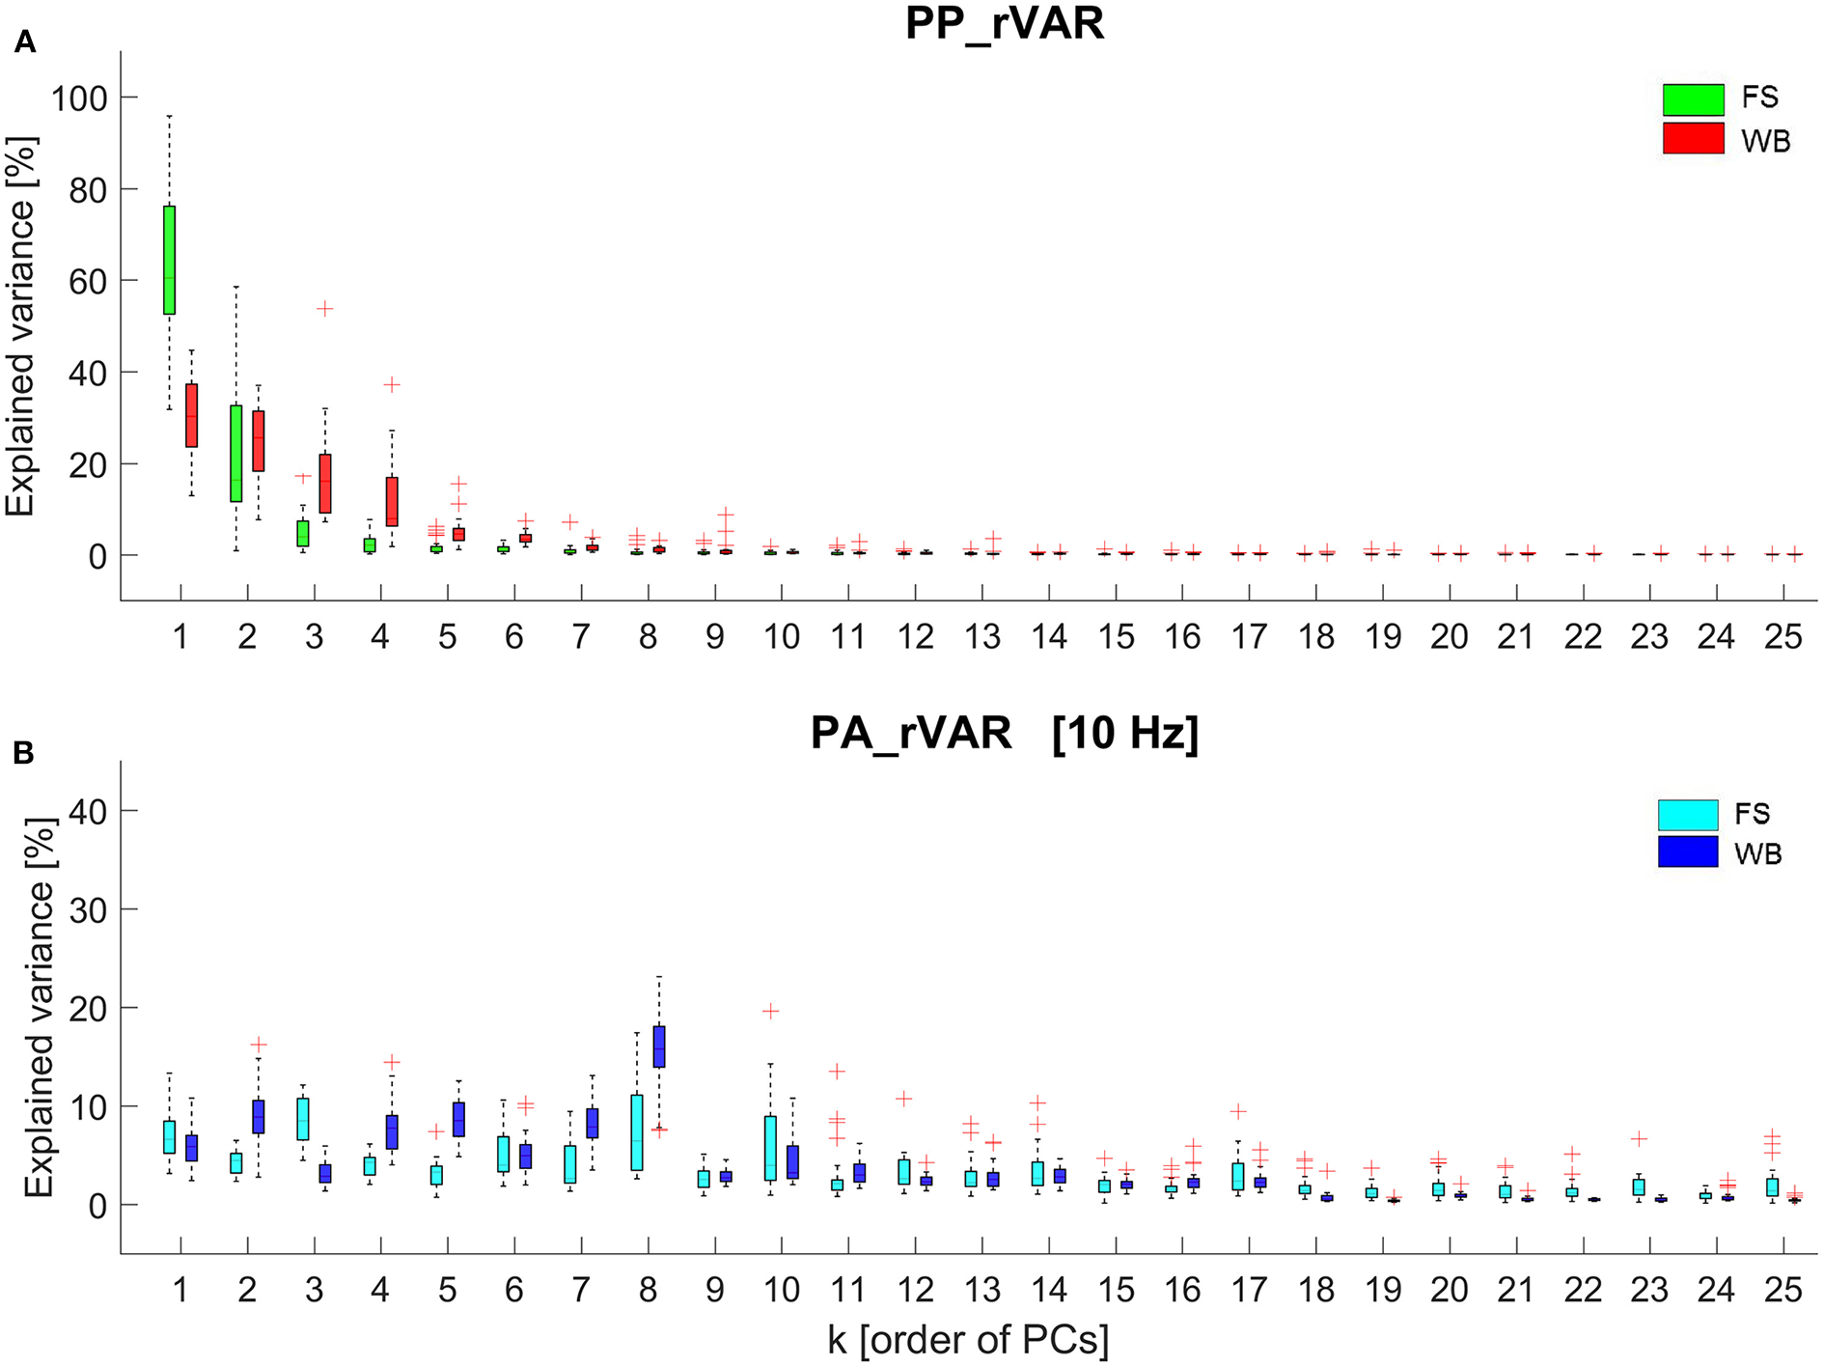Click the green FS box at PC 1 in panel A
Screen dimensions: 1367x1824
pyautogui.click(x=170, y=260)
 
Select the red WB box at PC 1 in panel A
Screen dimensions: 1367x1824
pyautogui.click(x=192, y=415)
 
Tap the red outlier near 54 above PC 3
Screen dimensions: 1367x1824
pyautogui.click(x=325, y=309)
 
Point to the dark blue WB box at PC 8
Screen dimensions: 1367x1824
pyautogui.click(x=659, y=1046)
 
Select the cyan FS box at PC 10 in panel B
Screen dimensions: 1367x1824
pyautogui.click(x=770, y=1148)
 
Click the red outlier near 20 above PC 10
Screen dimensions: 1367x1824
pyautogui.click(x=770, y=1011)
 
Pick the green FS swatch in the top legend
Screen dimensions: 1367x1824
pyautogui.click(x=1693, y=98)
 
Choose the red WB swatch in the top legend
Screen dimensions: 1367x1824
pyautogui.click(x=1693, y=138)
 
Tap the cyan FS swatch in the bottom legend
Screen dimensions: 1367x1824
pyautogui.click(x=1688, y=815)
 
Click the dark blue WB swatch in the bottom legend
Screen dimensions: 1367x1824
pyautogui.click(x=1688, y=851)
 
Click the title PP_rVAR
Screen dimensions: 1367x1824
pyautogui.click(x=1004, y=23)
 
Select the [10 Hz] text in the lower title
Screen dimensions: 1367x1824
pyautogui.click(x=1125, y=734)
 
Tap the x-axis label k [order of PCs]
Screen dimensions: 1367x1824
pyautogui.click(x=968, y=1340)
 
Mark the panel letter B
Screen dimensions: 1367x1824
pyautogui.click(x=23, y=753)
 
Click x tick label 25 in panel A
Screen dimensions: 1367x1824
pyautogui.click(x=1783, y=637)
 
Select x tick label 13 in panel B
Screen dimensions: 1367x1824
pyautogui.click(x=981, y=1290)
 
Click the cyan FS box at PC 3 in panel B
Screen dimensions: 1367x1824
pyautogui.click(x=303, y=1119)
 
